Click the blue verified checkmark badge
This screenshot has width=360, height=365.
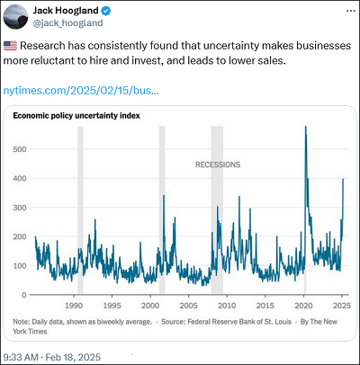106,11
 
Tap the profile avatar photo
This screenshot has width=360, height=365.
15,17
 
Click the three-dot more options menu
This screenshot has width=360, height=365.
351,11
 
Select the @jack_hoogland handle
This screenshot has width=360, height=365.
67,23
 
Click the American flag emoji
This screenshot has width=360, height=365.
10,46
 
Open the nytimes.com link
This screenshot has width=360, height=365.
81,91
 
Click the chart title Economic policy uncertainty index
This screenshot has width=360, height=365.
76,116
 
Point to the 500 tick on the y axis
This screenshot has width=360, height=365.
20,149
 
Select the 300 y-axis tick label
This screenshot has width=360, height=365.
20,208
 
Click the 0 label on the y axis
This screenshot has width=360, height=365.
24,295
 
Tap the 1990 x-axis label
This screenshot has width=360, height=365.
74,306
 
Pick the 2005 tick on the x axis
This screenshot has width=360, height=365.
188,306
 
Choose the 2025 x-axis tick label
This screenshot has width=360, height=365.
342,306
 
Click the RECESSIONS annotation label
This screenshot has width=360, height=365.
218,165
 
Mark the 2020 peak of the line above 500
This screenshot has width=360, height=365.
305,127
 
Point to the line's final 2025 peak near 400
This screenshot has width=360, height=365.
343,179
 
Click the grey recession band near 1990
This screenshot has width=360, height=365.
80,209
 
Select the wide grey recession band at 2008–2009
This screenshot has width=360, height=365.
217,209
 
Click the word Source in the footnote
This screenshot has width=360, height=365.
173,322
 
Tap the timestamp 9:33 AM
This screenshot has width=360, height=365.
21,357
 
